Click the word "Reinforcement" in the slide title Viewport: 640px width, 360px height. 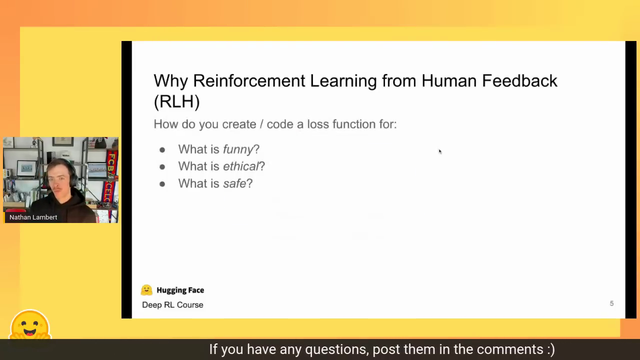coord(249,81)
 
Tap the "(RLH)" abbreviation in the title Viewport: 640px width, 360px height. coord(176,101)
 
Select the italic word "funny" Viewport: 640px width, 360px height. coord(238,149)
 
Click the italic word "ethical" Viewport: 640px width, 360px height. coord(240,166)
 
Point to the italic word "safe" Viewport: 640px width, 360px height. coord(234,183)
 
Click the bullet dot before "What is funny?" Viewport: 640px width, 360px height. coord(162,150)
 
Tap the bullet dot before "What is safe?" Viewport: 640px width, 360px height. coord(162,184)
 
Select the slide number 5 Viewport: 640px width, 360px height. coord(611,303)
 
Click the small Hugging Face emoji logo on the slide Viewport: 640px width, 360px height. coord(146,290)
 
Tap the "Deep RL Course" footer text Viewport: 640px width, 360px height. coord(172,305)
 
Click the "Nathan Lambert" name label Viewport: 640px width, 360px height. coord(33,217)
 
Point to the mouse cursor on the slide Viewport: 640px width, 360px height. coord(440,151)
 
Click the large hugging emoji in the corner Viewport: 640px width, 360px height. coord(30,324)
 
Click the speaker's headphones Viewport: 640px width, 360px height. coord(72,175)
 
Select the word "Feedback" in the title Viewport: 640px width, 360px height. coord(519,81)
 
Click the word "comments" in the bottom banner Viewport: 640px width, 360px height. coord(510,349)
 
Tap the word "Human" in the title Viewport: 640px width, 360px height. coord(449,81)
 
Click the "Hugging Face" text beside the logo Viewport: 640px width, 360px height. coord(180,290)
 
